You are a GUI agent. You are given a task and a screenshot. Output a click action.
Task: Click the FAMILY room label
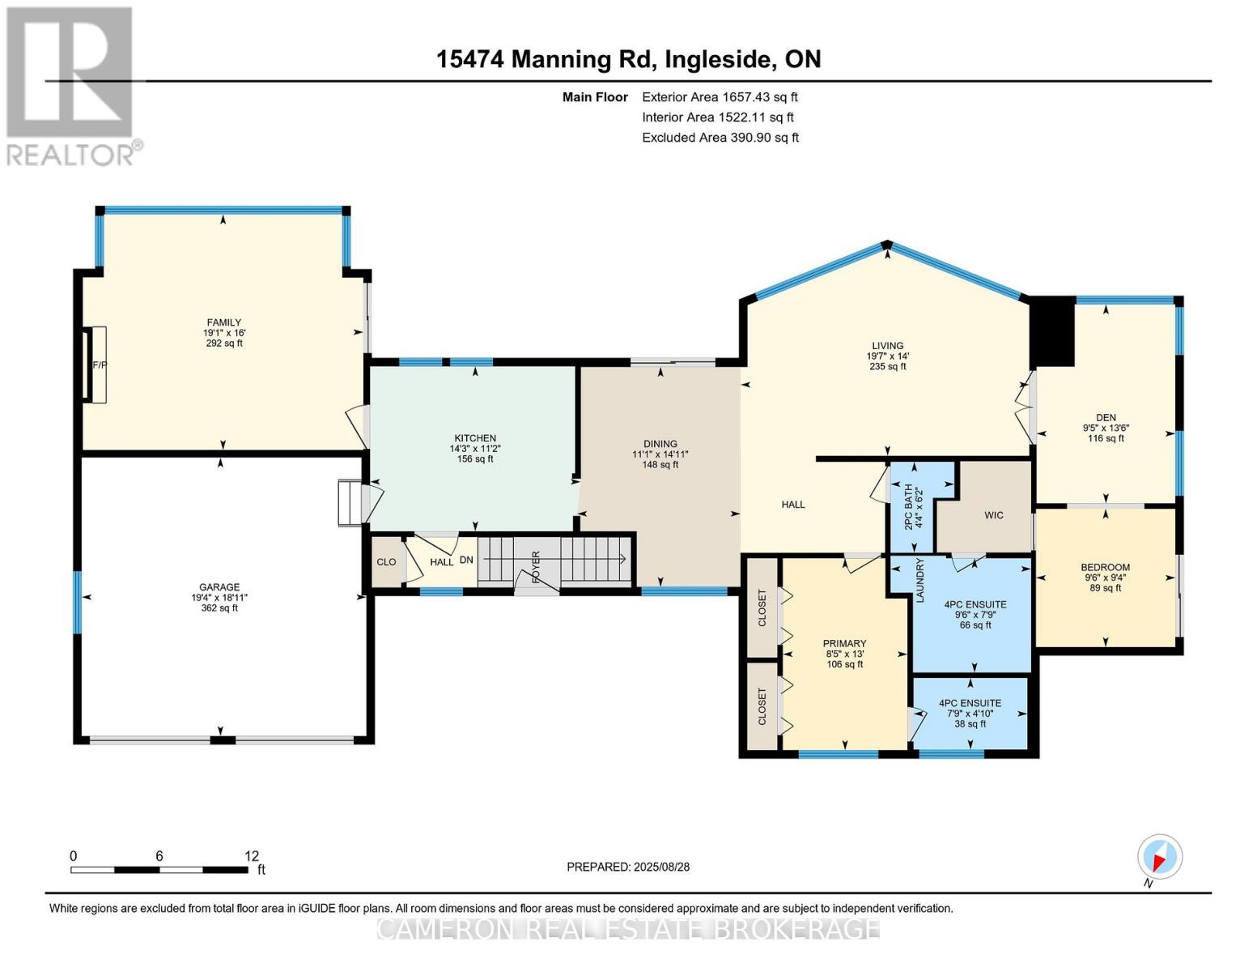pyautogui.click(x=223, y=322)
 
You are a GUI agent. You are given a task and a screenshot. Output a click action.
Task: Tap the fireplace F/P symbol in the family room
pyautogui.click(x=99, y=364)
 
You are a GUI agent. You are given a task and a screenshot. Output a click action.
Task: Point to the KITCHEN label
pyautogui.click(x=474, y=438)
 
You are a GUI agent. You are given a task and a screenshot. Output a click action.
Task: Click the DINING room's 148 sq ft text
pyautogui.click(x=660, y=465)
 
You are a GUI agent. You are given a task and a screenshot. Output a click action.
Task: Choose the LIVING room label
pyautogui.click(x=887, y=346)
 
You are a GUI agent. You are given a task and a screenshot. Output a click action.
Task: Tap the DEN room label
pyautogui.click(x=1106, y=418)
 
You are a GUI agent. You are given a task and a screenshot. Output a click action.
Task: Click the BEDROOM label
pyautogui.click(x=1105, y=568)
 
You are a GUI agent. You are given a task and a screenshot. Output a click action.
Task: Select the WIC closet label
pyautogui.click(x=993, y=515)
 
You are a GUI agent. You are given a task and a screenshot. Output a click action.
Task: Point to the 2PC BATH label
pyautogui.click(x=907, y=507)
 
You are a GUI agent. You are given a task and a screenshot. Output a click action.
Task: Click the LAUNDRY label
pyautogui.click(x=919, y=580)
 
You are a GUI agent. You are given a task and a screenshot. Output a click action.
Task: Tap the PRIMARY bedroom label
pyautogui.click(x=844, y=644)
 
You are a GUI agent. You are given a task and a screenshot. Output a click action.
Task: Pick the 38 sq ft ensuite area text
pyautogui.click(x=970, y=724)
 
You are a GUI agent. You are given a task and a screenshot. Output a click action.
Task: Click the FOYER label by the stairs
pyautogui.click(x=536, y=567)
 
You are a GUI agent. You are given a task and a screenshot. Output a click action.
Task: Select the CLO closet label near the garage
pyautogui.click(x=386, y=562)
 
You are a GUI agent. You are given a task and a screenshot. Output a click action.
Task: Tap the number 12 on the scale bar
pyautogui.click(x=252, y=856)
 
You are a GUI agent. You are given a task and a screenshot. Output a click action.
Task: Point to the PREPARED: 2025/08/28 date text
pyautogui.click(x=628, y=867)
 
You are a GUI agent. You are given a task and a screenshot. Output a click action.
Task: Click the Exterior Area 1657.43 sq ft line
pyautogui.click(x=720, y=97)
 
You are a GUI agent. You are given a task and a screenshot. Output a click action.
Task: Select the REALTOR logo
pyautogui.click(x=70, y=85)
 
